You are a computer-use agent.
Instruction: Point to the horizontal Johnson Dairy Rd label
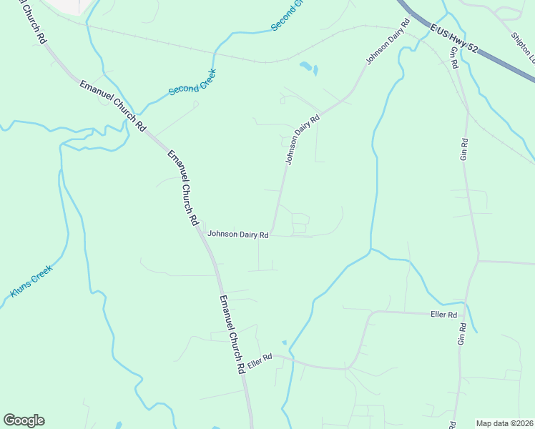237,234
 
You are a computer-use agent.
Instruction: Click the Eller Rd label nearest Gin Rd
443,315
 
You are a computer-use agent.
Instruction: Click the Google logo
24,420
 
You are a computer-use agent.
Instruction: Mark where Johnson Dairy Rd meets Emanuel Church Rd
205,235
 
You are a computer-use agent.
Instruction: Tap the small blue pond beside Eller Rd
284,343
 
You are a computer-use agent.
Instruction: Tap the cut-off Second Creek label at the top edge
288,14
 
